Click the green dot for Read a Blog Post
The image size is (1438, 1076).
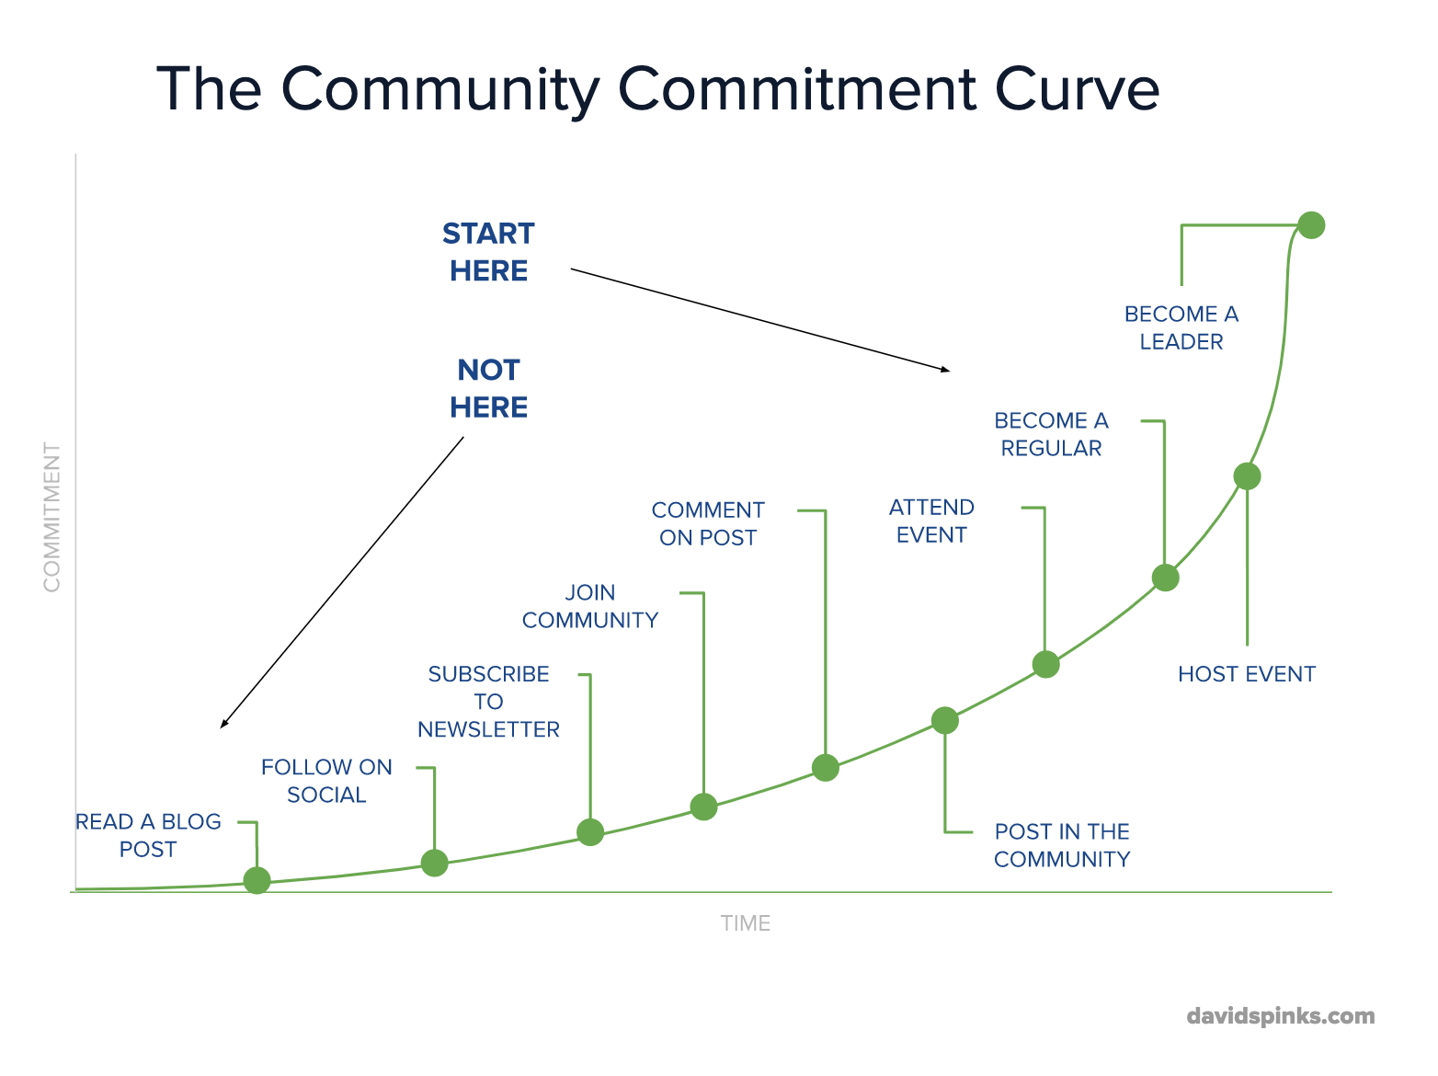click(x=257, y=880)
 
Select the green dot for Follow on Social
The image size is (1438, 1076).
click(x=434, y=863)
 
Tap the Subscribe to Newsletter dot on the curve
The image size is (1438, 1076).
click(x=590, y=832)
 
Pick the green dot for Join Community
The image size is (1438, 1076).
click(x=703, y=807)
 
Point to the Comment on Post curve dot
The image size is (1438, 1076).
click(x=826, y=767)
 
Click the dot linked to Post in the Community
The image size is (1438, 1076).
click(x=944, y=720)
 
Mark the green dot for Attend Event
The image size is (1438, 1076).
click(x=1045, y=664)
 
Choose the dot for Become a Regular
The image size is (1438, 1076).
click(x=1166, y=578)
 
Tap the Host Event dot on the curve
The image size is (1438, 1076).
click(x=1247, y=476)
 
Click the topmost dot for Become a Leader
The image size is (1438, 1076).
click(x=1311, y=225)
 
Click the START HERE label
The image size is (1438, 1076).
click(x=488, y=252)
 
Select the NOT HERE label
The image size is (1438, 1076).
click(x=488, y=388)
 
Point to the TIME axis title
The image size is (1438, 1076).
click(x=746, y=923)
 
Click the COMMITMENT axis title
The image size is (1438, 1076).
click(x=51, y=517)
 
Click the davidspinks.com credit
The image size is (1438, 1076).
click(x=1281, y=1016)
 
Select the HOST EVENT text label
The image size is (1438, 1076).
click(x=1247, y=674)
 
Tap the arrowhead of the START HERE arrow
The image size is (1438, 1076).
click(x=946, y=370)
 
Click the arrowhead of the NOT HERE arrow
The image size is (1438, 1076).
click(x=223, y=725)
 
